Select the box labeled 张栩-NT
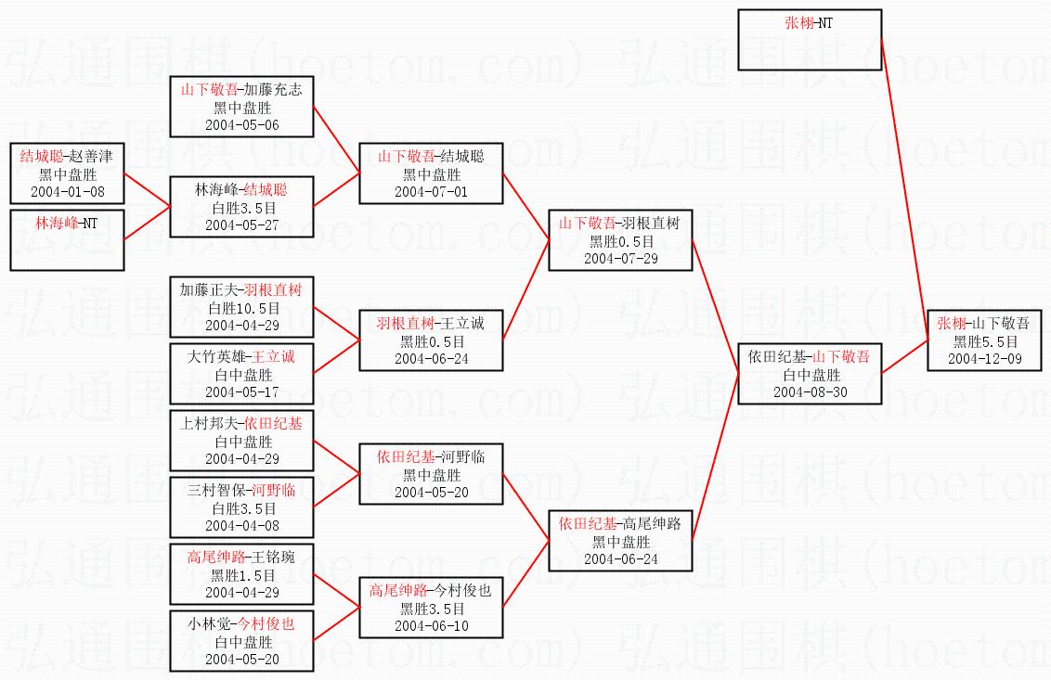tap(809, 40)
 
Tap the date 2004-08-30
tap(810, 392)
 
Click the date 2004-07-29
tap(620, 258)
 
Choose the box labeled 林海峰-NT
tap(67, 239)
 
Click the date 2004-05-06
tap(241, 124)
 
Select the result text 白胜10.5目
tap(241, 308)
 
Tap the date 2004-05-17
tap(241, 391)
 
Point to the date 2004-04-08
tap(241, 525)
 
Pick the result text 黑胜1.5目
tap(241, 575)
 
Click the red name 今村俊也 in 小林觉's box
tap(266, 624)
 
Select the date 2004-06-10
tap(431, 625)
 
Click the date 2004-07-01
tap(431, 191)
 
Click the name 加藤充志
tap(273, 90)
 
